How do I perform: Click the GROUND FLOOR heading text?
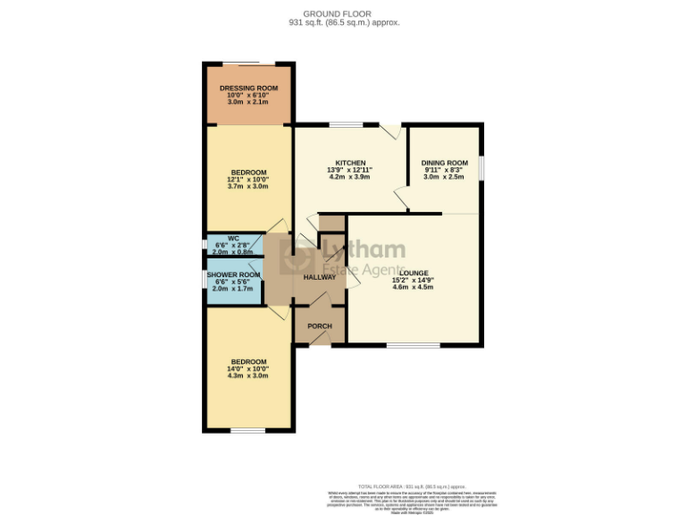(343, 13)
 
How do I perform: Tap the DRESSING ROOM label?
(248, 89)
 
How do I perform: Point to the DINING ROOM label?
(444, 163)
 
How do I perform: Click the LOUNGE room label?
(414, 273)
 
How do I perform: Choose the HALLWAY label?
(319, 277)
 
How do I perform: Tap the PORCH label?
(319, 326)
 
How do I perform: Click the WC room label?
(233, 239)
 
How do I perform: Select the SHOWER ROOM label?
(233, 274)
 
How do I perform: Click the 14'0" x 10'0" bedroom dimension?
(248, 368)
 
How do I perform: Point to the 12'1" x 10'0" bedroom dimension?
(248, 179)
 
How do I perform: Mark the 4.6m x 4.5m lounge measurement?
(414, 287)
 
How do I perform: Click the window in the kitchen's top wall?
(345, 124)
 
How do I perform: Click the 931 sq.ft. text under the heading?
(343, 22)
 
